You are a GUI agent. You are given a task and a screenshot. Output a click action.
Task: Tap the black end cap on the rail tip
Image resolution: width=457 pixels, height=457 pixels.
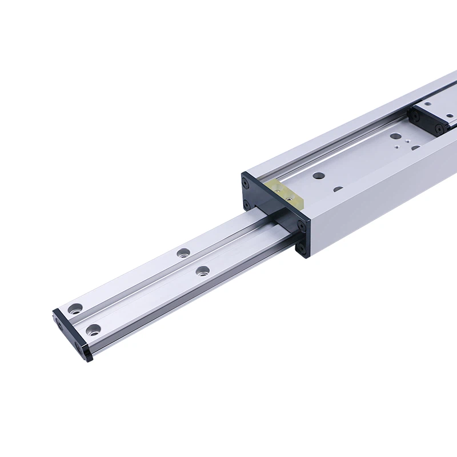72,333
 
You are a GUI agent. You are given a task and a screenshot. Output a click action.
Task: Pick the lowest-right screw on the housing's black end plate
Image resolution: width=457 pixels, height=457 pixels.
301,247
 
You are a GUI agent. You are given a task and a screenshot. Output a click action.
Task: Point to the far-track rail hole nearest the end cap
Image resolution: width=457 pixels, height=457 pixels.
74,309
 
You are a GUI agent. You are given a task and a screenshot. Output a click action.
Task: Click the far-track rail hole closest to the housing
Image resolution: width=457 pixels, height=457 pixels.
183,252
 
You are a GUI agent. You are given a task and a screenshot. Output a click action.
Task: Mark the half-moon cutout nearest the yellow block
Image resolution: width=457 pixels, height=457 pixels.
338,189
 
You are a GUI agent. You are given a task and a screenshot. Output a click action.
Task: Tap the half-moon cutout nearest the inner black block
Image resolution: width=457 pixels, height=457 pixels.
415,147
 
